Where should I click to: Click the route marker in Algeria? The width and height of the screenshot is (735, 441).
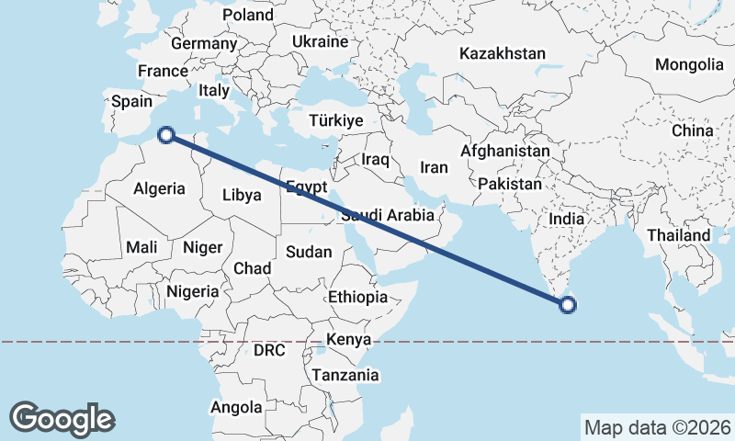166,135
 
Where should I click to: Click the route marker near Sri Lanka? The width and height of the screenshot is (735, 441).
569,305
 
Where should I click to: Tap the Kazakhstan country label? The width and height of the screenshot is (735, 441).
503,54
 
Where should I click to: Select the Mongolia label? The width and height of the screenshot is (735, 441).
689,64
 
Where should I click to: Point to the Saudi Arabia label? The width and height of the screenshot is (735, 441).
386,216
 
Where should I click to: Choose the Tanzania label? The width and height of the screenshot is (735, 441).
345,375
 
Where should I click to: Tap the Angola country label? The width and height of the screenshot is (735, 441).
236,407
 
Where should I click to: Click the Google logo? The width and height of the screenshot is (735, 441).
62,418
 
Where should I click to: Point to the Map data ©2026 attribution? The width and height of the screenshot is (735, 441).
656,427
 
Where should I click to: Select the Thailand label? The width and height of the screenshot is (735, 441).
679,235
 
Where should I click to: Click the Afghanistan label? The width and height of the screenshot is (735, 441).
505,151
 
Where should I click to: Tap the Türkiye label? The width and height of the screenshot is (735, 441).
336,121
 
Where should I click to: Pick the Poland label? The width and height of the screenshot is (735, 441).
248,15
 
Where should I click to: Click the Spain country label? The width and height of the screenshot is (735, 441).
131,102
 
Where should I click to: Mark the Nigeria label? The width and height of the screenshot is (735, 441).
193,291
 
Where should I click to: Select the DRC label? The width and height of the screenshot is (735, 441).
270,350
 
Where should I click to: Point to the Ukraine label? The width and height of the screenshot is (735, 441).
320,41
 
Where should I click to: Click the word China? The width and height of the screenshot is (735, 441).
692,130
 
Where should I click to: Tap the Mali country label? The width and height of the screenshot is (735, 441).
142,246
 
